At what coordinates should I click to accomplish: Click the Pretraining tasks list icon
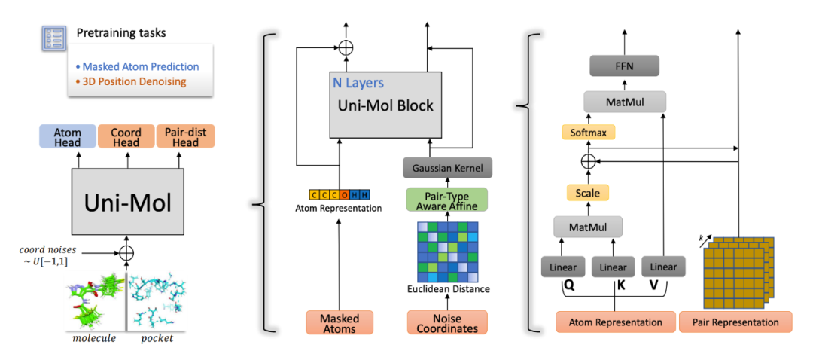coord(53,37)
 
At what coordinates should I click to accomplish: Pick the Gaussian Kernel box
coord(448,168)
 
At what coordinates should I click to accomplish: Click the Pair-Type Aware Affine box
coord(447,199)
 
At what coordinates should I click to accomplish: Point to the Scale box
coord(588,193)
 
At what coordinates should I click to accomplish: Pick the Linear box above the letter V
coord(662,267)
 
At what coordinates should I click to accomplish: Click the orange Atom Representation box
coord(614,322)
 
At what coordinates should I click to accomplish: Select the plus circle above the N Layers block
coord(346,46)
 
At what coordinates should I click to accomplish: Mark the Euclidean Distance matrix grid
coord(447,252)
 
